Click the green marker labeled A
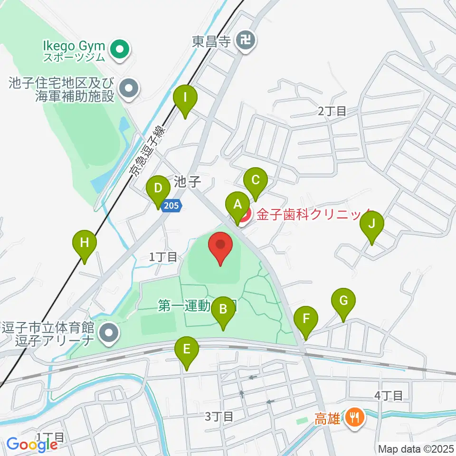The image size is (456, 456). (236, 206)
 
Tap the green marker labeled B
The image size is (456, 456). (223, 311)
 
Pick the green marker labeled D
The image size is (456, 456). (158, 190)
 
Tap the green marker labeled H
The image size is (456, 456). (85, 244)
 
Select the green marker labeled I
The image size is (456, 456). (186, 99)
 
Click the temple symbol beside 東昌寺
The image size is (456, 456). (247, 40)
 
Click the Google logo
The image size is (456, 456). (32, 444)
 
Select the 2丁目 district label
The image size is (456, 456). (332, 112)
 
